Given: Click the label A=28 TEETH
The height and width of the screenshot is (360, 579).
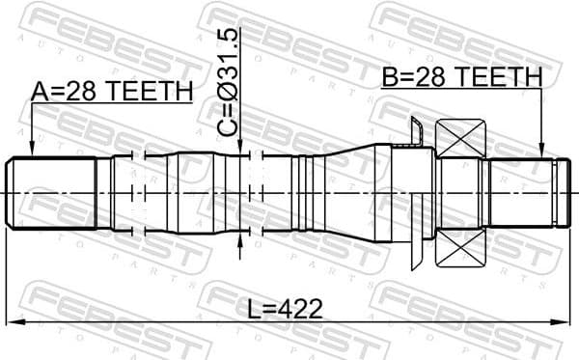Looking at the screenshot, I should [112, 91].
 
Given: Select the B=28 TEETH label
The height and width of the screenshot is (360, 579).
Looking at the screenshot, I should [461, 76].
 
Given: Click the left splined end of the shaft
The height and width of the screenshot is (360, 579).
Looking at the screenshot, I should [53, 193].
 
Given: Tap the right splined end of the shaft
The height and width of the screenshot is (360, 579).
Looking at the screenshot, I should [521, 193].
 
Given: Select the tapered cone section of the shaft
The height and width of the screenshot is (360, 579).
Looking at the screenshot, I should [347, 193].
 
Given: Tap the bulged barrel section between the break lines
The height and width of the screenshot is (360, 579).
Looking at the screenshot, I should [183, 193].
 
